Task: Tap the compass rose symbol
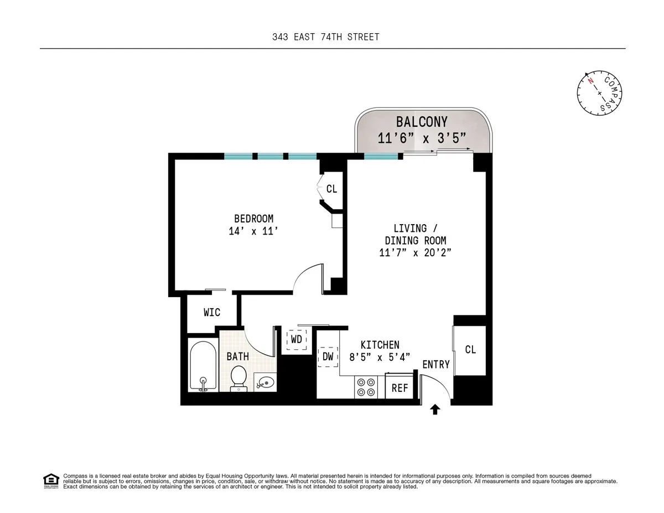coord(600,93)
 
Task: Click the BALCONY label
coord(422,122)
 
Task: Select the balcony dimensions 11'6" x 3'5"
coord(422,138)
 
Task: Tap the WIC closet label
coord(211,313)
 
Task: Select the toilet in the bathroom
coord(239,378)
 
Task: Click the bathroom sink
coord(266,382)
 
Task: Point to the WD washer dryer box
coord(297,339)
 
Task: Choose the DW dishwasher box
coord(328,357)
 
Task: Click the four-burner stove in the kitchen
coord(365,387)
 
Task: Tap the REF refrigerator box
coord(400,388)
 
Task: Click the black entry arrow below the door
coord(435,410)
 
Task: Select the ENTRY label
coord(436,365)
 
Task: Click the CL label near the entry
coord(470,350)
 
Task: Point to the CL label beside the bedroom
coord(331,189)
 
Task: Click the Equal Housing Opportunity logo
coord(51,481)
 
